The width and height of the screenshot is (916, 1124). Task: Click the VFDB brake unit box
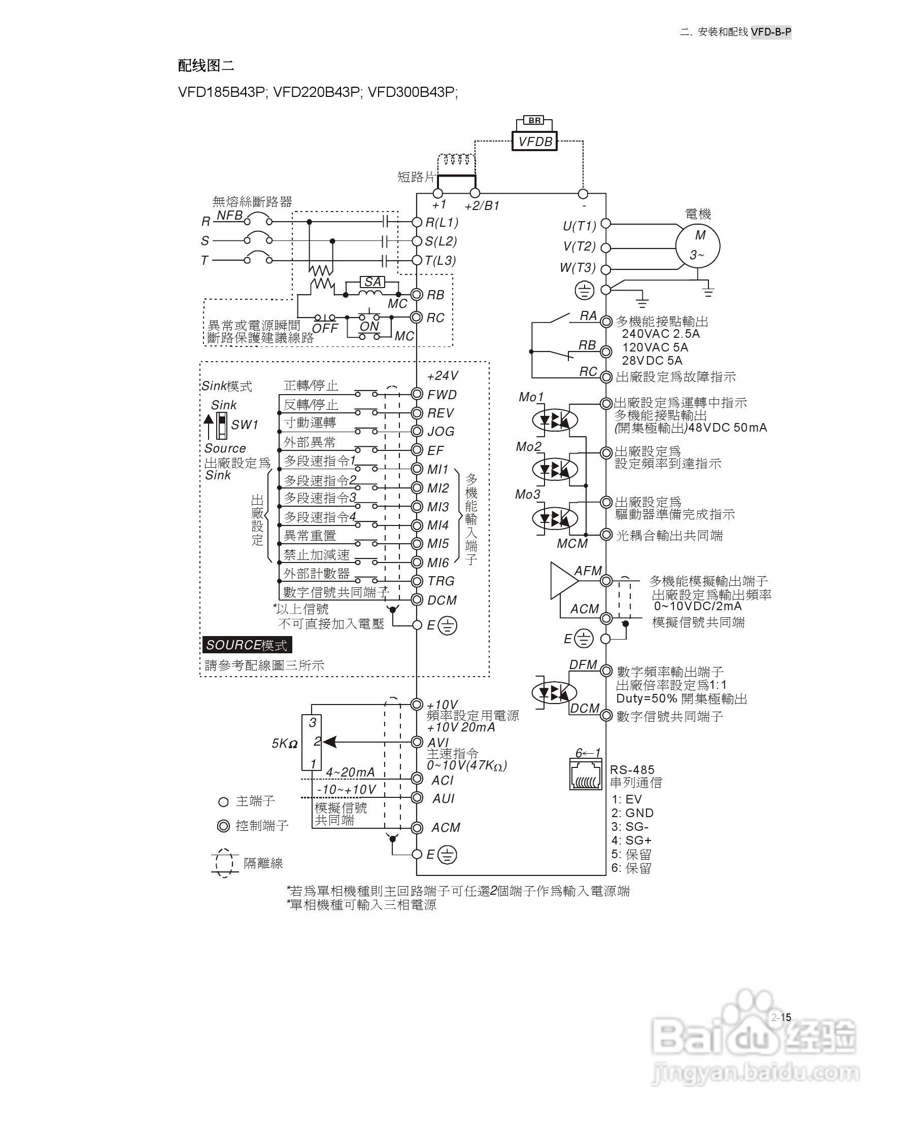(534, 142)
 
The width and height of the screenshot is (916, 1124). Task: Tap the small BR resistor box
(534, 120)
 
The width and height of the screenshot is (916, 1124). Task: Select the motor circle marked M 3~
(698, 245)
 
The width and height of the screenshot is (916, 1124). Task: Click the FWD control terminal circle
(417, 394)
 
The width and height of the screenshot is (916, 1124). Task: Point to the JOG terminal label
(440, 432)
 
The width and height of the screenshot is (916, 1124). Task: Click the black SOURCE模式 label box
(247, 645)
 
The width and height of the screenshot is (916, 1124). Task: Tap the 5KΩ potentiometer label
(284, 744)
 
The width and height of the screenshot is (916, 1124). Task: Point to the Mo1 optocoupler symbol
(555, 420)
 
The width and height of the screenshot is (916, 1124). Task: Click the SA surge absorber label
(372, 282)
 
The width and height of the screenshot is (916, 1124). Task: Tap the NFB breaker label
(230, 215)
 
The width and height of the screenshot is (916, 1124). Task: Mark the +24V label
(442, 375)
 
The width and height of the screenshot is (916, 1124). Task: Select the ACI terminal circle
(417, 779)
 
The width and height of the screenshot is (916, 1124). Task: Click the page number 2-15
(781, 1017)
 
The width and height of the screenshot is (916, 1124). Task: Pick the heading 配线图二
(207, 65)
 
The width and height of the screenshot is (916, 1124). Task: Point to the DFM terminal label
(583, 664)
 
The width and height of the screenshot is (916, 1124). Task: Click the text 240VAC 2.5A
(661, 334)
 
